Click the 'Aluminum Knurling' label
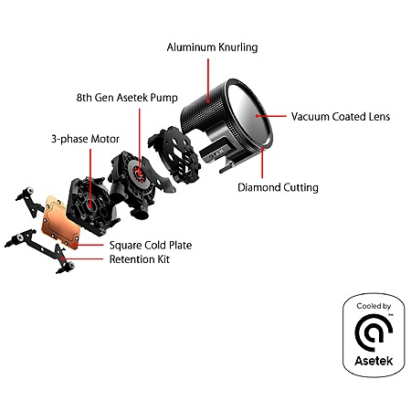coord(212,47)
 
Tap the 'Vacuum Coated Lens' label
coord(341,117)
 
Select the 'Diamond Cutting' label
coord(278,187)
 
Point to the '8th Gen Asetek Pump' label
coord(127,98)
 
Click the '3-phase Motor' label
coord(85,139)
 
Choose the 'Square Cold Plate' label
coord(151,246)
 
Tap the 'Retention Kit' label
coord(140,259)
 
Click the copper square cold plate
coord(60,223)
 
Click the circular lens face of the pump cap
coord(250,114)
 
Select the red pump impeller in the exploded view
coord(139,173)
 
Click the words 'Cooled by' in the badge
coord(374,306)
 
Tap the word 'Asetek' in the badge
coord(374,361)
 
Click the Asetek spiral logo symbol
coord(374,332)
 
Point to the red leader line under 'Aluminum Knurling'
coord(208,80)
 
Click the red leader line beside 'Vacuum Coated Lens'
coord(271,116)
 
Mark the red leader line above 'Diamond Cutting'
coord(262,163)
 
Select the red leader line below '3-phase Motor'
coord(90,177)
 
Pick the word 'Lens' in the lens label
coord(378,117)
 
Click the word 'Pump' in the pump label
coord(164,98)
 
